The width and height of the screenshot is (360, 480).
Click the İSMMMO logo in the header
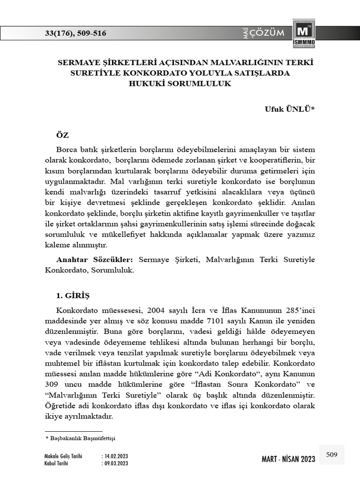click(304, 34)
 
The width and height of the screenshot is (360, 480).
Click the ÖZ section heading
click(62, 135)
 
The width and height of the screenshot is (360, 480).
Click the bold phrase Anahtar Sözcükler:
click(95, 259)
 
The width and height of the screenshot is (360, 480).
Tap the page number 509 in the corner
click(332, 454)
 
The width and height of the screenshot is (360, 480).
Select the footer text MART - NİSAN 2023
click(288, 459)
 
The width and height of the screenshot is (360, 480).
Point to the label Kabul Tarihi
click(56, 463)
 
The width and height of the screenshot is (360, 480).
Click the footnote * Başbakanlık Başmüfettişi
click(80, 438)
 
